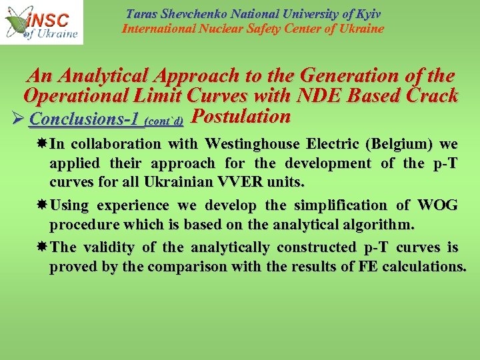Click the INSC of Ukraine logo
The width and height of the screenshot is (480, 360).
(x=41, y=22)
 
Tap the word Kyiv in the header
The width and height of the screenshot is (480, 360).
(x=367, y=14)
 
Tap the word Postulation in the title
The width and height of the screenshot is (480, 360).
(x=241, y=117)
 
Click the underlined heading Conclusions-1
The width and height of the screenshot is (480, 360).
(x=84, y=119)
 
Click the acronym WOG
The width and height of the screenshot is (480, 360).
(x=440, y=205)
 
